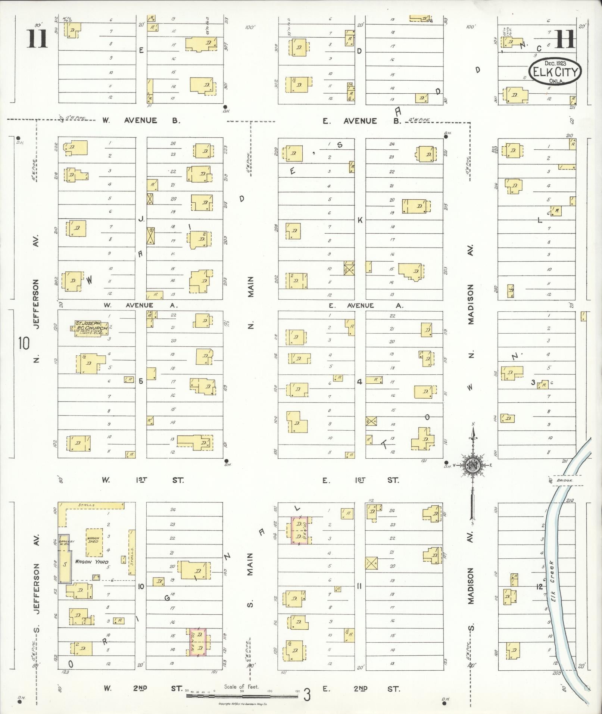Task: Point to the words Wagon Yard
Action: pos(92,561)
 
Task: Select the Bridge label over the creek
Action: pos(564,480)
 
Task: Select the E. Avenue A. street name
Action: pos(366,306)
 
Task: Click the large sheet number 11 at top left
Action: pos(37,39)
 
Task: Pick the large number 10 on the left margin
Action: pos(24,343)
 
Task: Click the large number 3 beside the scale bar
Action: pos(307,695)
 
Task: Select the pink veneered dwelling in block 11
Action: pos(299,530)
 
